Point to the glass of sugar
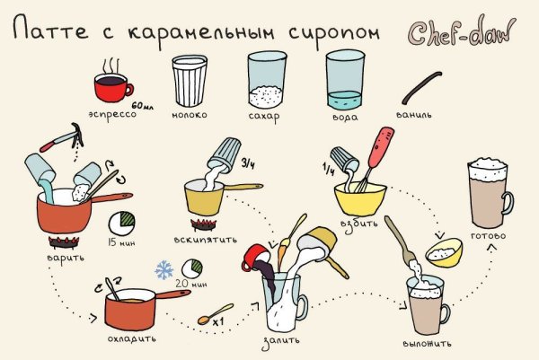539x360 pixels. (268, 80)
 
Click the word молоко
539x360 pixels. (189, 116)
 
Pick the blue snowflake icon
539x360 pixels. (164, 270)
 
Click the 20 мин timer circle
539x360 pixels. (192, 269)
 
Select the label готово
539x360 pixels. (488, 236)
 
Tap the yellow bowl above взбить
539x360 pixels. (360, 197)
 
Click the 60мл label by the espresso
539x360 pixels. (145, 106)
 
